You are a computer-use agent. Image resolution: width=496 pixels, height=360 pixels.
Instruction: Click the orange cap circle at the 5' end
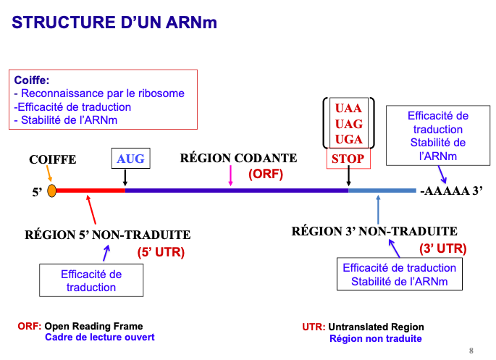point(52,191)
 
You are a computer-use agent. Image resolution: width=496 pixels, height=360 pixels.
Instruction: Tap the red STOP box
point(348,158)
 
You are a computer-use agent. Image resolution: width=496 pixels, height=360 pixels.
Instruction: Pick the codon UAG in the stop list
point(348,124)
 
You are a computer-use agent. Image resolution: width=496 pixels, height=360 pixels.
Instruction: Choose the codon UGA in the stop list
point(348,139)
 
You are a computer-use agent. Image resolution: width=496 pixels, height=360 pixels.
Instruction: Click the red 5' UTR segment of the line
point(91,191)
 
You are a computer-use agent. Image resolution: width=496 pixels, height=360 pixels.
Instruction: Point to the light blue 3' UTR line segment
point(382,191)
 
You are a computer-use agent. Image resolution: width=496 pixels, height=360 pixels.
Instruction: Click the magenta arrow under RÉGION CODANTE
point(230,176)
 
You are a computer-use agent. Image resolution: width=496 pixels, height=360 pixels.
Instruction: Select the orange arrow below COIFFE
point(49,175)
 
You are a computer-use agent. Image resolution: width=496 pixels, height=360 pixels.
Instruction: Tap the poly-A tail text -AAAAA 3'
point(450,191)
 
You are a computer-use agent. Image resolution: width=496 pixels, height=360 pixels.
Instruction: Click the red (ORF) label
point(265,175)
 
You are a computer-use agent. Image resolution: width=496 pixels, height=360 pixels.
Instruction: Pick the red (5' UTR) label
point(161,253)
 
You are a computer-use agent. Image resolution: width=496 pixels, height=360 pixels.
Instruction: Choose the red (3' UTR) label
point(442,248)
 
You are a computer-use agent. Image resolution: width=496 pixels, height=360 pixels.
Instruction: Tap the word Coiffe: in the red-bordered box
point(32,80)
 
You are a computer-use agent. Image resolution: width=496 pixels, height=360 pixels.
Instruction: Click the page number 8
point(471,351)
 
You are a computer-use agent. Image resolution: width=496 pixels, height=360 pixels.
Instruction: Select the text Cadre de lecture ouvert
point(100,338)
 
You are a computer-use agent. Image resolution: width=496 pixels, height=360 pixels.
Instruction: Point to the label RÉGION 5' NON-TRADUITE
point(108,235)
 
